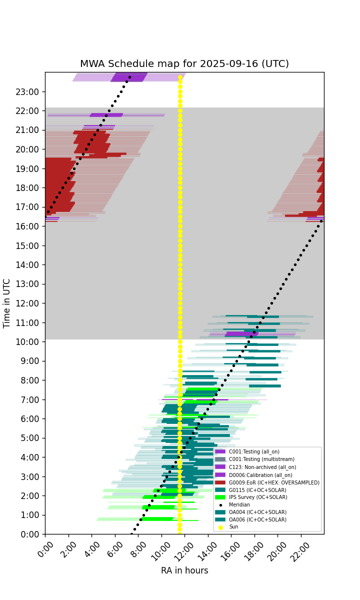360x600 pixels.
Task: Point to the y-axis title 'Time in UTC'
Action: pyautogui.click(x=6, y=303)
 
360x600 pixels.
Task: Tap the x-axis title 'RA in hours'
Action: pyautogui.click(x=184, y=570)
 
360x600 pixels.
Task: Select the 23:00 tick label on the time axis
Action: pyautogui.click(x=27, y=92)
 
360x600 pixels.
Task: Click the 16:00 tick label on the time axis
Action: pyautogui.click(x=27, y=226)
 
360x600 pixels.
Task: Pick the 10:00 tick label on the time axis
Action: pyautogui.click(x=27, y=342)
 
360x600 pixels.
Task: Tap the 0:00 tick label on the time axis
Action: pyautogui.click(x=29, y=534)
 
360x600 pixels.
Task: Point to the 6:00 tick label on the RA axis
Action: pyautogui.click(x=115, y=549)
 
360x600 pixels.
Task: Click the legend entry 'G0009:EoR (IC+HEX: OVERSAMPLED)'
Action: pyautogui.click(x=267, y=482)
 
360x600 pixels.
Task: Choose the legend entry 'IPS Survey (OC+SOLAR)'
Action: pyautogui.click(x=251, y=497)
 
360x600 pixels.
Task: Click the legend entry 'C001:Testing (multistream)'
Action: pyautogui.click(x=254, y=459)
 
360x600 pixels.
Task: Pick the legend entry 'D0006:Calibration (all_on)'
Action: pyautogui.click(x=253, y=475)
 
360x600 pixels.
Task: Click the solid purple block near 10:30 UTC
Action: pyautogui.click(x=241, y=334)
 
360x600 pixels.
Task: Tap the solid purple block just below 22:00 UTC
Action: pyautogui.click(x=106, y=115)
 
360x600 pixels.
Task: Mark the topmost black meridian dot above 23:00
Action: pyautogui.click(x=129, y=77)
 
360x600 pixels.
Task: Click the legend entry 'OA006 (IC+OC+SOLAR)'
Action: pyautogui.click(x=250, y=519)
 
